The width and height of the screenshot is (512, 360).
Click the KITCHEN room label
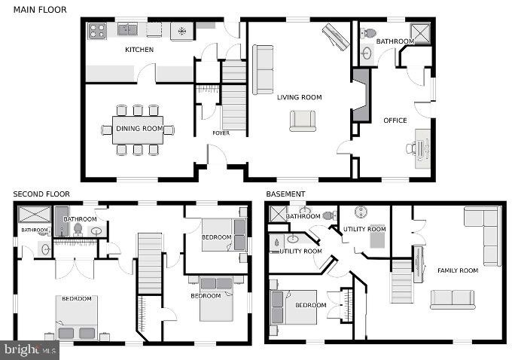pos(139,50)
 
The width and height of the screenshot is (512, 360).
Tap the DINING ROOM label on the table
pos(139,129)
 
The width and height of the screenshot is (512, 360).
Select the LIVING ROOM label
pos(300,97)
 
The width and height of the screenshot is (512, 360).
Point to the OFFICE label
pos(395,121)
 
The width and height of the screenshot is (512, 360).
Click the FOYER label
pos(221,133)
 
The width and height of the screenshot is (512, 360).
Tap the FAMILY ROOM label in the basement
pos(458,270)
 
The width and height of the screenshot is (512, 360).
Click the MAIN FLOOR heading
pos(40,10)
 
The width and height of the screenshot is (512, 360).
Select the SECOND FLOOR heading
pos(41,194)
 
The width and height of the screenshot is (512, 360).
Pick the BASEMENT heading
pos(285,194)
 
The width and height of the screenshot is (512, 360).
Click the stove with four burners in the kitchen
pos(97,31)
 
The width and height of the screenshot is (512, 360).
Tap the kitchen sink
pos(127,29)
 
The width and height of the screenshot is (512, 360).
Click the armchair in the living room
pos(303,121)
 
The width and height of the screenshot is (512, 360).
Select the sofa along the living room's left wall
pos(263,69)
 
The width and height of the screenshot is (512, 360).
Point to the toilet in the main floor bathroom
pos(369,33)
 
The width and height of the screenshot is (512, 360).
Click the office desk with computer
pos(423,148)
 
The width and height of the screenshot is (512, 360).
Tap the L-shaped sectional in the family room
pos(483,235)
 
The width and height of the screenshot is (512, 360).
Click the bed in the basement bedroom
pos(294,307)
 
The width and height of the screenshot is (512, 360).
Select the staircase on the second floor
pos(150,264)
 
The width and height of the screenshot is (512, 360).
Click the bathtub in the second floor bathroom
pos(62,221)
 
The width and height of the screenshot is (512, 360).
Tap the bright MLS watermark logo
pos(29,350)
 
